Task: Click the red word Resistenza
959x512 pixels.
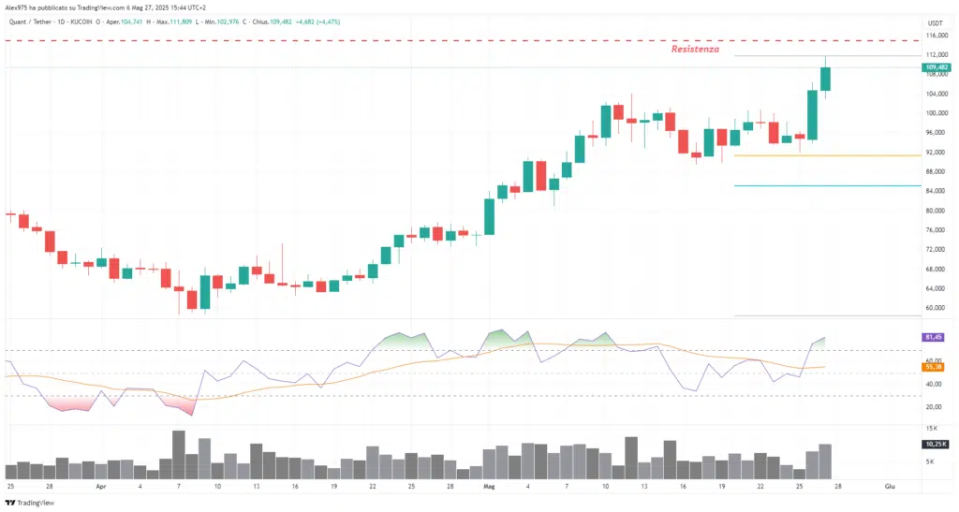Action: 695,49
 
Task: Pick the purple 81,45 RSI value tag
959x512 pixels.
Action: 934,336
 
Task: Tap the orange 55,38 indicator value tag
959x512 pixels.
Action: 934,366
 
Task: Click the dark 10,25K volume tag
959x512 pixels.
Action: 935,445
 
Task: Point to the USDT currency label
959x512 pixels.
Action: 935,22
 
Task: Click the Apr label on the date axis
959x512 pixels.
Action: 100,488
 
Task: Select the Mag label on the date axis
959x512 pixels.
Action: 489,488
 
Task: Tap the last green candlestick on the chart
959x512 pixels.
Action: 825,78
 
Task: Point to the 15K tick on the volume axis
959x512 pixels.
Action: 932,428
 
